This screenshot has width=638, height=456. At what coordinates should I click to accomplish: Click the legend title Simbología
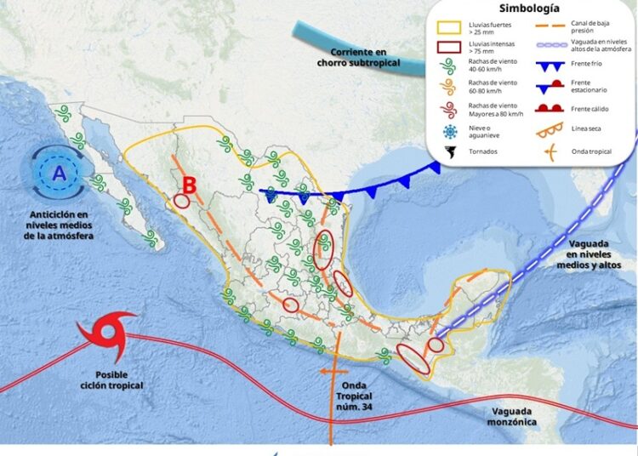pos(529,9)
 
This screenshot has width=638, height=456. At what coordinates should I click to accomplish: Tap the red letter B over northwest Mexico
pos(190,184)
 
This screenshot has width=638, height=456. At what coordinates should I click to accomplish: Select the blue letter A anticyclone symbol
pos(58,174)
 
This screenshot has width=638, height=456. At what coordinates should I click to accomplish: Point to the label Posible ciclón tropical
pos(118,380)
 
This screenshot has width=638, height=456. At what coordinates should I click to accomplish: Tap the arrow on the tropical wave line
pos(327,373)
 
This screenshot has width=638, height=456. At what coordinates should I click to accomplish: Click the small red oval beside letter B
pos(181,202)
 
